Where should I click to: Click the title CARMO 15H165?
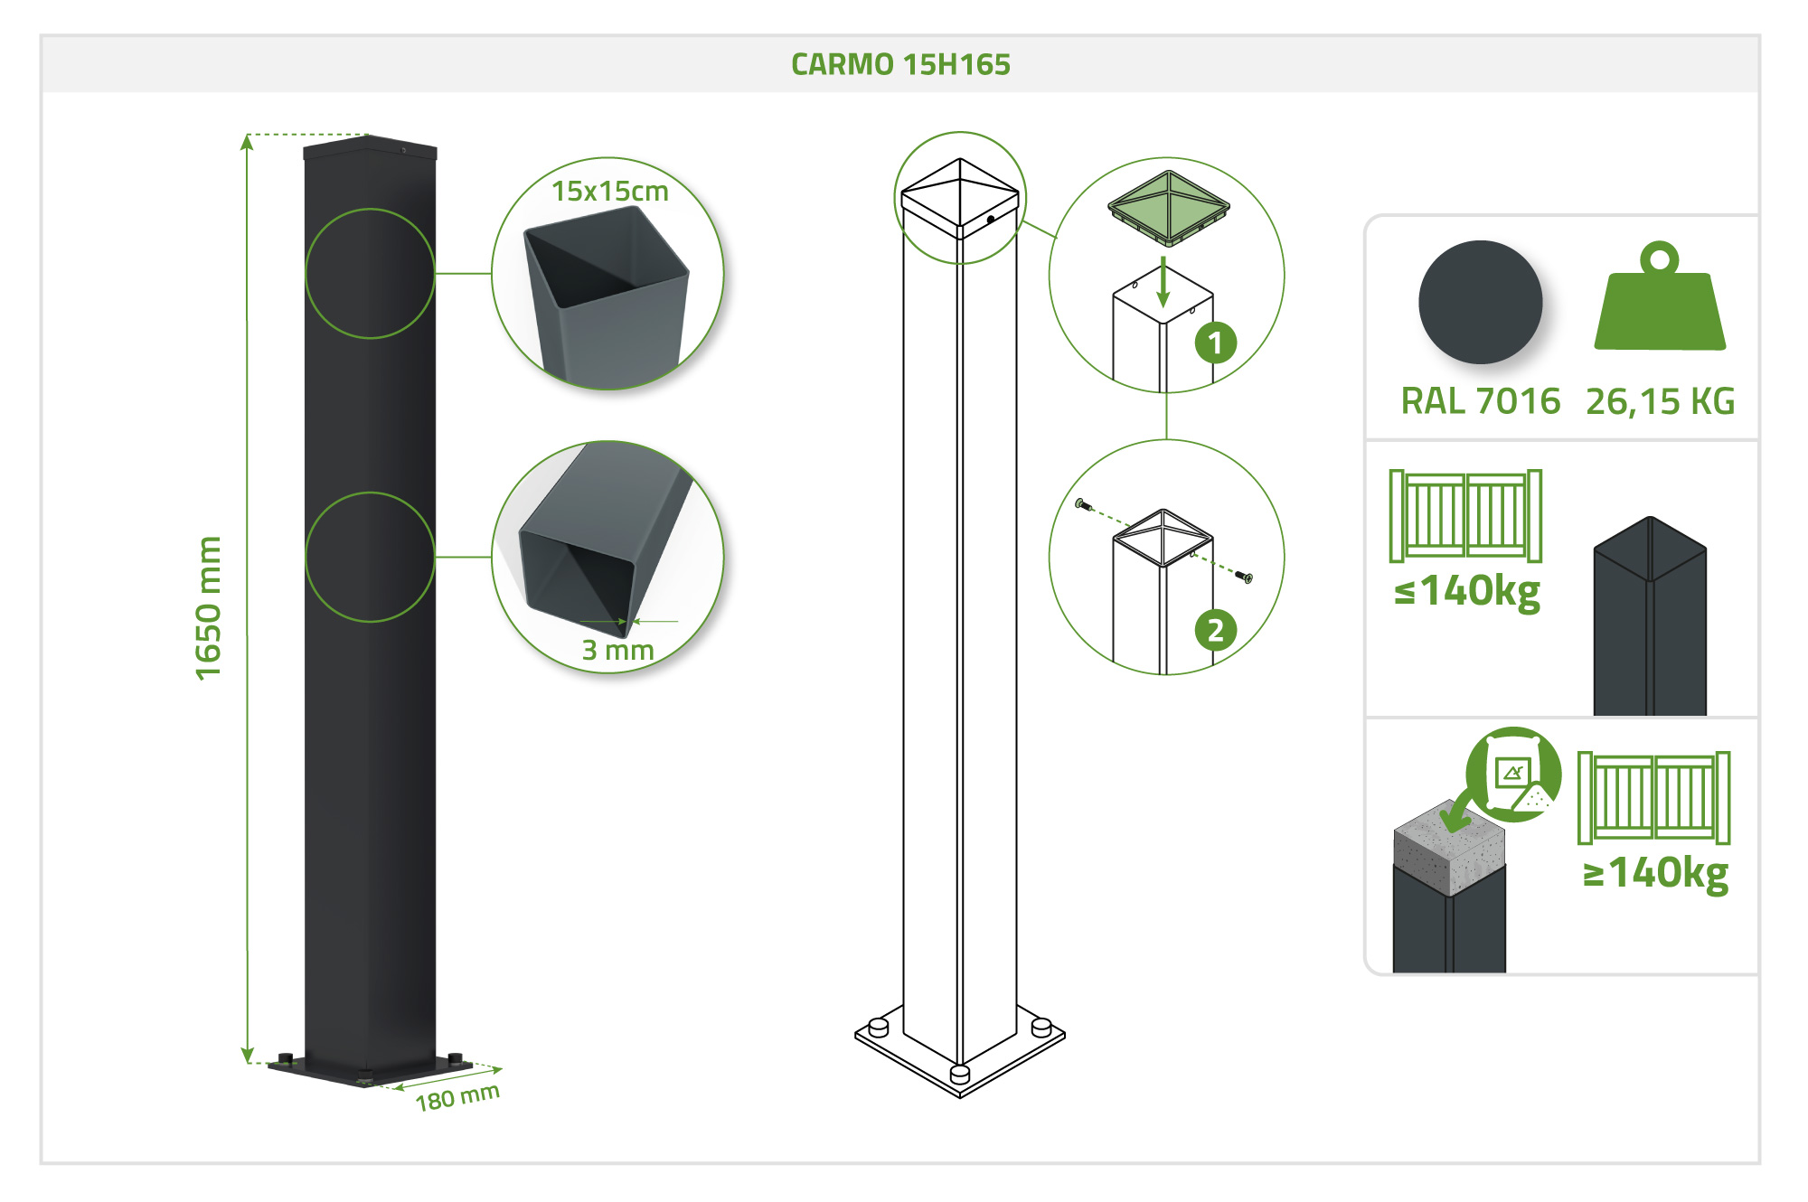click(x=900, y=64)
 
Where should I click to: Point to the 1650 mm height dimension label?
click(x=209, y=607)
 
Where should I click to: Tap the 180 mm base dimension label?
click(x=457, y=1097)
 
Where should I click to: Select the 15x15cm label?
click(x=610, y=192)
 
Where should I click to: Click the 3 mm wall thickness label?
click(x=617, y=650)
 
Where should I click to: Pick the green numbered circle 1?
click(x=1215, y=343)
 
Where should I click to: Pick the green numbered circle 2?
click(x=1215, y=630)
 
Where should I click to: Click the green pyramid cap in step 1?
click(x=1169, y=207)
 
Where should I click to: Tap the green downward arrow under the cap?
click(x=1163, y=282)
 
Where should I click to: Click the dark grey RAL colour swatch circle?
click(x=1480, y=302)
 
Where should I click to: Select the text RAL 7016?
click(x=1480, y=401)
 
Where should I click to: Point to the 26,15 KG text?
click(x=1660, y=401)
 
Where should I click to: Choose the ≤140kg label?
click(x=1467, y=592)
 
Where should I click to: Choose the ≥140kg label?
click(x=1655, y=873)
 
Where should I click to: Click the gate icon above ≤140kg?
click(x=1465, y=515)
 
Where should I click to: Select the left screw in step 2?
click(x=1083, y=504)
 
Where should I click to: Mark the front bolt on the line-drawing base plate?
click(x=960, y=1074)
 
